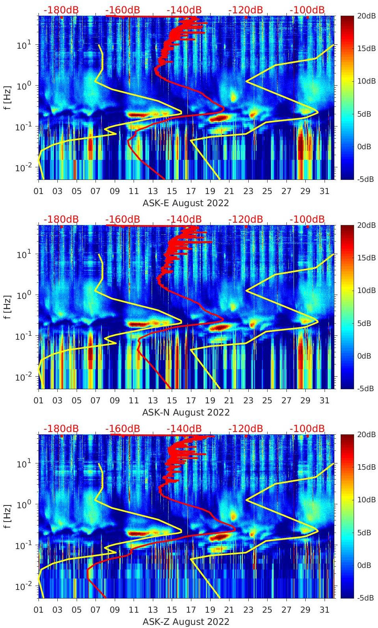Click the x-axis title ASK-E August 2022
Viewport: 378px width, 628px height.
coord(185,203)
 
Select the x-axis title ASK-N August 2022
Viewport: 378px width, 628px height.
coord(185,412)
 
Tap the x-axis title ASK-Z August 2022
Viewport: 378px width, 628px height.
coord(185,622)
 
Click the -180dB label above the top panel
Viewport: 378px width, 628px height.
coord(61,10)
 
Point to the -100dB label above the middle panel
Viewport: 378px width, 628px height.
coord(307,219)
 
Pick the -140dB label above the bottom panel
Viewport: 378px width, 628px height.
coord(184,428)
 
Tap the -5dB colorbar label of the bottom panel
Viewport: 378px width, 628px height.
coord(365,598)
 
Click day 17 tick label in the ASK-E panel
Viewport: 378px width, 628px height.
coord(191,191)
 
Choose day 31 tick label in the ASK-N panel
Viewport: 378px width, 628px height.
coord(324,401)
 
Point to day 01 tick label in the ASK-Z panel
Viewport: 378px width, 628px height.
coord(39,610)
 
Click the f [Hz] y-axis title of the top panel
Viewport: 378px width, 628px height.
coord(7,97)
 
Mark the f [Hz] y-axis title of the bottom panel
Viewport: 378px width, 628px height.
coord(7,516)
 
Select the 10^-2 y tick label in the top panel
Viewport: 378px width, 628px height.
coord(23,168)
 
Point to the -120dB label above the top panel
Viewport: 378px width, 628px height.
coord(246,10)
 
